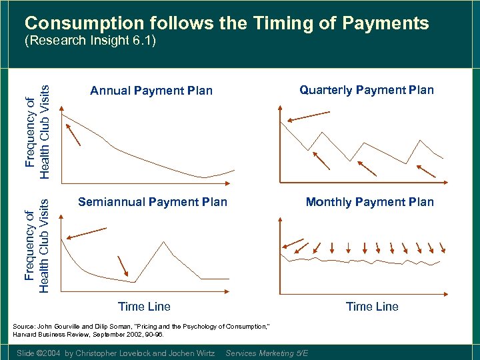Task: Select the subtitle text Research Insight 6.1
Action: (89, 41)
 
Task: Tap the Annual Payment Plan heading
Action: (151, 91)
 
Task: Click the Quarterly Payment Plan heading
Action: (366, 90)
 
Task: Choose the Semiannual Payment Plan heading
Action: (153, 202)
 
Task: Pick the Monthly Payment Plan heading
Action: (369, 202)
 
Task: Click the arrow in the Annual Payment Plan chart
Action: (75, 136)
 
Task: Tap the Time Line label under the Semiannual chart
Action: (144, 307)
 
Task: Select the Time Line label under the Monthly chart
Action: (372, 307)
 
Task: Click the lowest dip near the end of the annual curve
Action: (204, 177)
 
